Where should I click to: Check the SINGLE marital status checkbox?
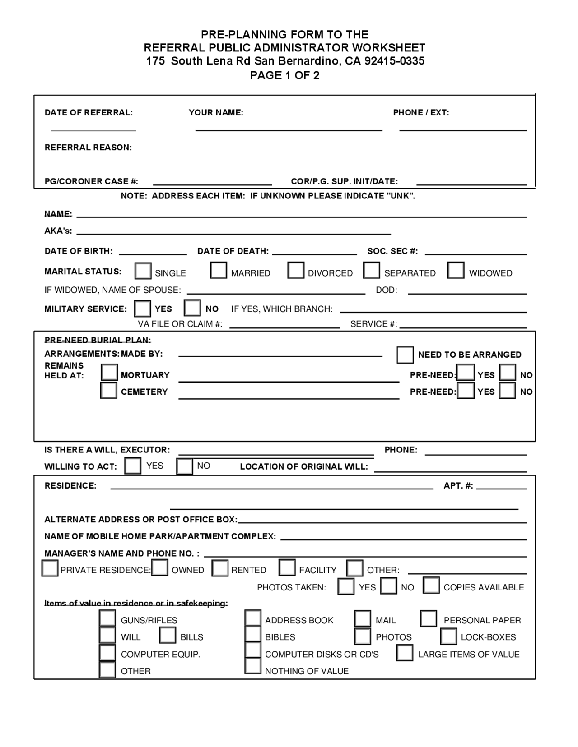143,271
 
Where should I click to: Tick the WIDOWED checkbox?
456,270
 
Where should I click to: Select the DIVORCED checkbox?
296,270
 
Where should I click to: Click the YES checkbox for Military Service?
143,309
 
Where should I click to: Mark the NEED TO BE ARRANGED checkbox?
405,355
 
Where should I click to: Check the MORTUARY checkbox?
109,373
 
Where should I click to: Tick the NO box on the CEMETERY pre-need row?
507,390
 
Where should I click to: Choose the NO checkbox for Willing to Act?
185,466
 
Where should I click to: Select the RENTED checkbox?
220,568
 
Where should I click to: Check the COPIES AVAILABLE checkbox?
431,586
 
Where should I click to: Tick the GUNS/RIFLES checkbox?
107,618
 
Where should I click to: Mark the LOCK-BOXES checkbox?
448,636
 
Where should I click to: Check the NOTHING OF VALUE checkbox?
253,666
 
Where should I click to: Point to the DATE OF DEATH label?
233,251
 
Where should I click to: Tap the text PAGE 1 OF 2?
284,75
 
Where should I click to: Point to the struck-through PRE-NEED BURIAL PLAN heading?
98,340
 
